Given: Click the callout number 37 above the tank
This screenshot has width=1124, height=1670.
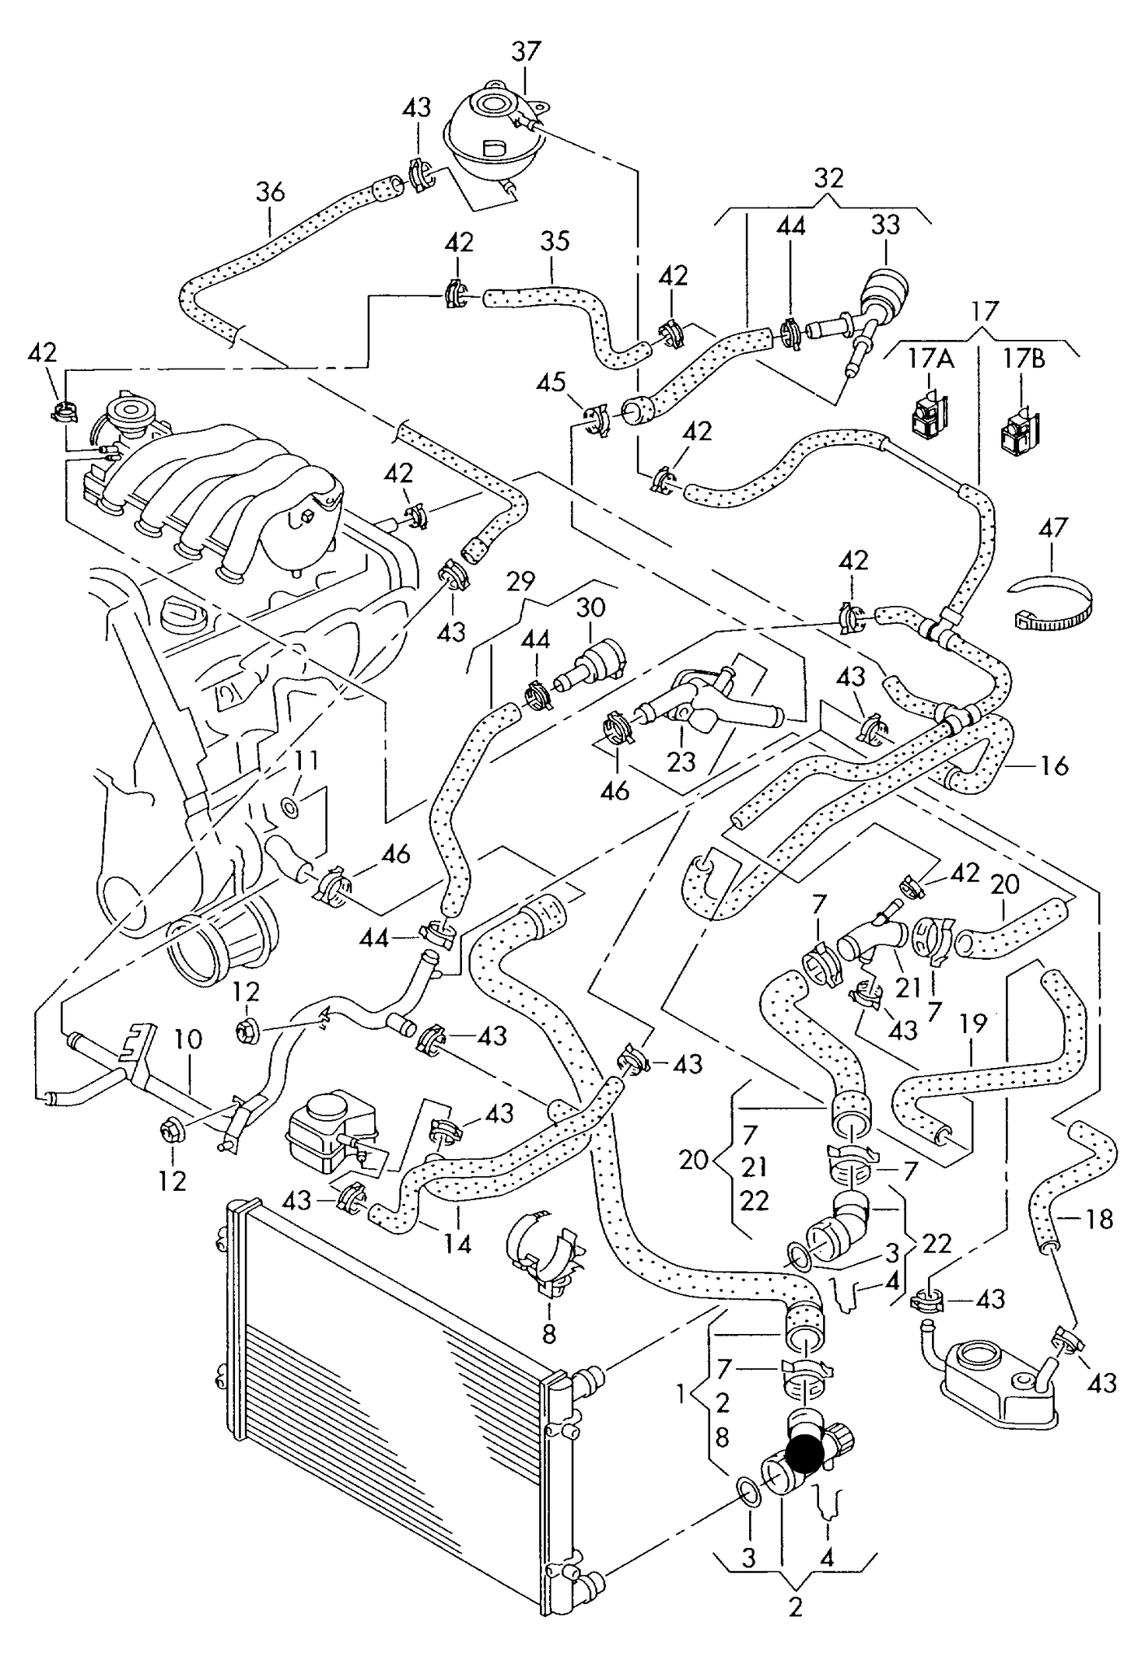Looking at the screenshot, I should tap(525, 51).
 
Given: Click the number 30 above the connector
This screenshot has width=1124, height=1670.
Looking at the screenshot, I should tap(590, 607).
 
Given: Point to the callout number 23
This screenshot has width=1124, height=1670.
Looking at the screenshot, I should tap(681, 761).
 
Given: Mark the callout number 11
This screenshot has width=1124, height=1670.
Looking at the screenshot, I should tap(305, 760).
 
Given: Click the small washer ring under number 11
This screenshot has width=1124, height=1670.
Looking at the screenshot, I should tap(291, 809).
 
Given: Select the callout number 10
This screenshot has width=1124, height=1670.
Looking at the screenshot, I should tap(187, 1039).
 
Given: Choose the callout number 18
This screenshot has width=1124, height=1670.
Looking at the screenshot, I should tap(1098, 1220).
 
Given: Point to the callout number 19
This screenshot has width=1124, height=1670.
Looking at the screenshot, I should tap(972, 1024).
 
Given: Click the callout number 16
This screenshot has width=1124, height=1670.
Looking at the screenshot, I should tap(1056, 766).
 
